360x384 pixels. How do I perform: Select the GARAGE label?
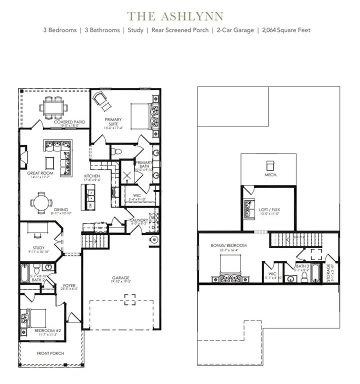click(x=120, y=277)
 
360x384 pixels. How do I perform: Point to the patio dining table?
click(x=52, y=106)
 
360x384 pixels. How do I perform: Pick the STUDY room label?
click(x=38, y=247)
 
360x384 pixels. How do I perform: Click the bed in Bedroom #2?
click(x=32, y=318)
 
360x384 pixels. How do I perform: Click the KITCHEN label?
click(x=92, y=176)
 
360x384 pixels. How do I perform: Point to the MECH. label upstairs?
click(x=270, y=175)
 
